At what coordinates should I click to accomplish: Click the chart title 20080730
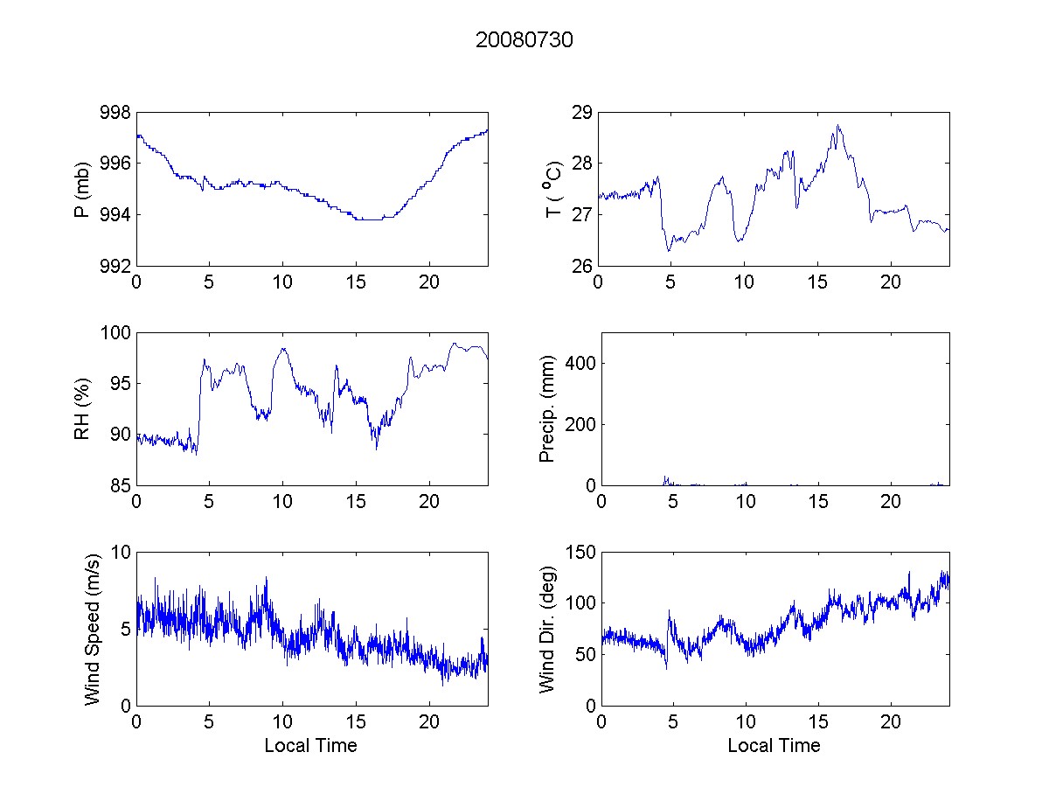[524, 40]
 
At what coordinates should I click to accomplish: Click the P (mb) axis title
[83, 189]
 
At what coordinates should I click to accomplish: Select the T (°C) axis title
[552, 189]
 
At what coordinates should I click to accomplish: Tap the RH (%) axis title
[83, 408]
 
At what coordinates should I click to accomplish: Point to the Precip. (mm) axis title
[548, 408]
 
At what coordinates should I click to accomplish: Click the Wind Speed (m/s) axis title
[92, 629]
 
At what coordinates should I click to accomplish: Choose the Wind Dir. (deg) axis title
[548, 629]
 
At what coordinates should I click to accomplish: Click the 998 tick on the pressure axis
[116, 113]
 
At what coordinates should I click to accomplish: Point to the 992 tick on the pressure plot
[116, 266]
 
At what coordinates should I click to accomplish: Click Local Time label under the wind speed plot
[310, 746]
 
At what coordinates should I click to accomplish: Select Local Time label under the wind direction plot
[774, 746]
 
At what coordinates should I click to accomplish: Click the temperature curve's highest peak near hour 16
[838, 126]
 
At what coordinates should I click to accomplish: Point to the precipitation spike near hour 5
[665, 478]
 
